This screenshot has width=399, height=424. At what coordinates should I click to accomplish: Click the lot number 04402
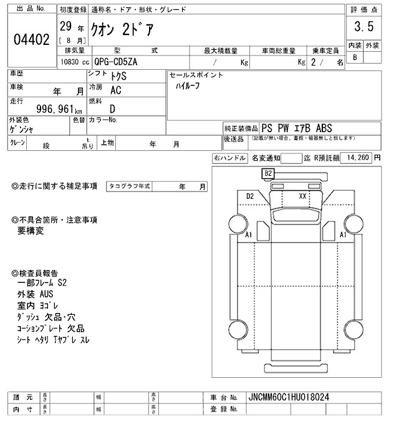(x=31, y=40)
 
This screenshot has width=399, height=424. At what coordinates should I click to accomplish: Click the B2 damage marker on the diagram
(x=269, y=173)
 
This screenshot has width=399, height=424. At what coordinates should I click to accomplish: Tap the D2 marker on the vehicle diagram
(x=251, y=196)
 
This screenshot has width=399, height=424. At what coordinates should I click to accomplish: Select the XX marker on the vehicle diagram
(x=304, y=196)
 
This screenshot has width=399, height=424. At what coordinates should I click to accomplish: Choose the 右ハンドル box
(x=229, y=158)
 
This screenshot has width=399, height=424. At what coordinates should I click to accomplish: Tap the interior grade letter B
(x=355, y=57)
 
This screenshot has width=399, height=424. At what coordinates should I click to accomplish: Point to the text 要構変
(x=31, y=230)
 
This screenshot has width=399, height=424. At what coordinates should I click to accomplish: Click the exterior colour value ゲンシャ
(x=23, y=129)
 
